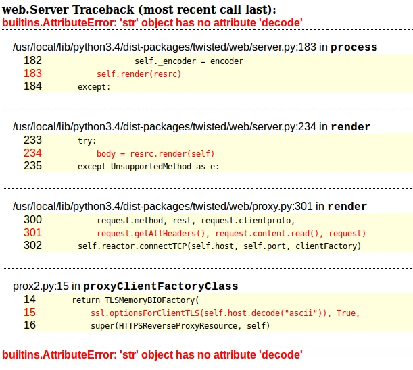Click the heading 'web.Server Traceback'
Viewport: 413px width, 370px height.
pyautogui.click(x=138, y=9)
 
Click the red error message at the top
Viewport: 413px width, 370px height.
pyautogui.click(x=152, y=22)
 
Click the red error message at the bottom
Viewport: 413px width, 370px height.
pyautogui.click(x=152, y=354)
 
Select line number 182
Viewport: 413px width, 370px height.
pyautogui.click(x=32, y=61)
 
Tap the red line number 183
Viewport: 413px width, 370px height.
pyautogui.click(x=32, y=74)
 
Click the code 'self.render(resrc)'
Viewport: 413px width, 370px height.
pyautogui.click(x=139, y=74)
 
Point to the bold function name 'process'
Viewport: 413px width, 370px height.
pyautogui.click(x=354, y=47)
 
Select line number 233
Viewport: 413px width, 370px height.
pyautogui.click(x=32, y=140)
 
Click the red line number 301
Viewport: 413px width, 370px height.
pyautogui.click(x=32, y=233)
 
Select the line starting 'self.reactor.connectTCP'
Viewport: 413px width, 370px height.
pyautogui.click(x=219, y=246)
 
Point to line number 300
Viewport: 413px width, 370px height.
pyautogui.click(x=32, y=220)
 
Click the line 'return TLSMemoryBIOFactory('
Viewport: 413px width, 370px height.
pyautogui.click(x=135, y=299)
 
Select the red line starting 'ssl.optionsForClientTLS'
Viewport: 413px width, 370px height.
pyautogui.click(x=224, y=313)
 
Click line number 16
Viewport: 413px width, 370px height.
pyautogui.click(x=30, y=325)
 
